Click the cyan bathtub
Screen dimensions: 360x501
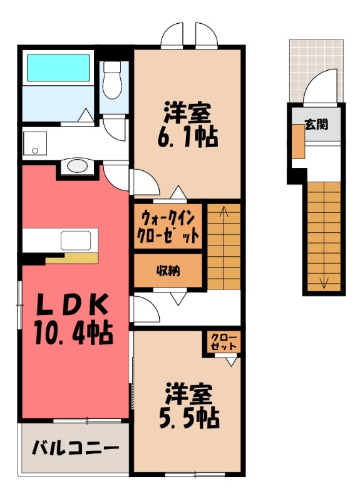[58, 68]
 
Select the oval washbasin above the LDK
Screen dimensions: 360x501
[77, 166]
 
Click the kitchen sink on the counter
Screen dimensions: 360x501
[76, 240]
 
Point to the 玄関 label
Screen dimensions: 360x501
[316, 124]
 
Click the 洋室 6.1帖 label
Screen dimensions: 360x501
[187, 124]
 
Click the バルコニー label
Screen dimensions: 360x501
[75, 448]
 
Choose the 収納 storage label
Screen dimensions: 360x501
[168, 271]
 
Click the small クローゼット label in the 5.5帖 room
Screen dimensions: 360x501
[224, 342]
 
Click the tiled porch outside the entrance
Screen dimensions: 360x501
[316, 70]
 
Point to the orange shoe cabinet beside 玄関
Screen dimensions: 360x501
[299, 142]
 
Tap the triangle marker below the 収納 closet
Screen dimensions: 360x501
[178, 299]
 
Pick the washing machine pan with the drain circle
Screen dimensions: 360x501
[34, 143]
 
